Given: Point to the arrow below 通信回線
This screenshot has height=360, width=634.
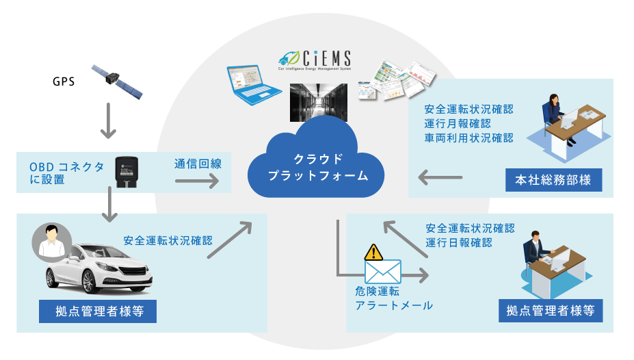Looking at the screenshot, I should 196,181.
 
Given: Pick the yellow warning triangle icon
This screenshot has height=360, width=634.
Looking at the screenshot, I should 373,252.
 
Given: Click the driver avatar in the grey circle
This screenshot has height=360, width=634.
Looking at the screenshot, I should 52,243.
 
